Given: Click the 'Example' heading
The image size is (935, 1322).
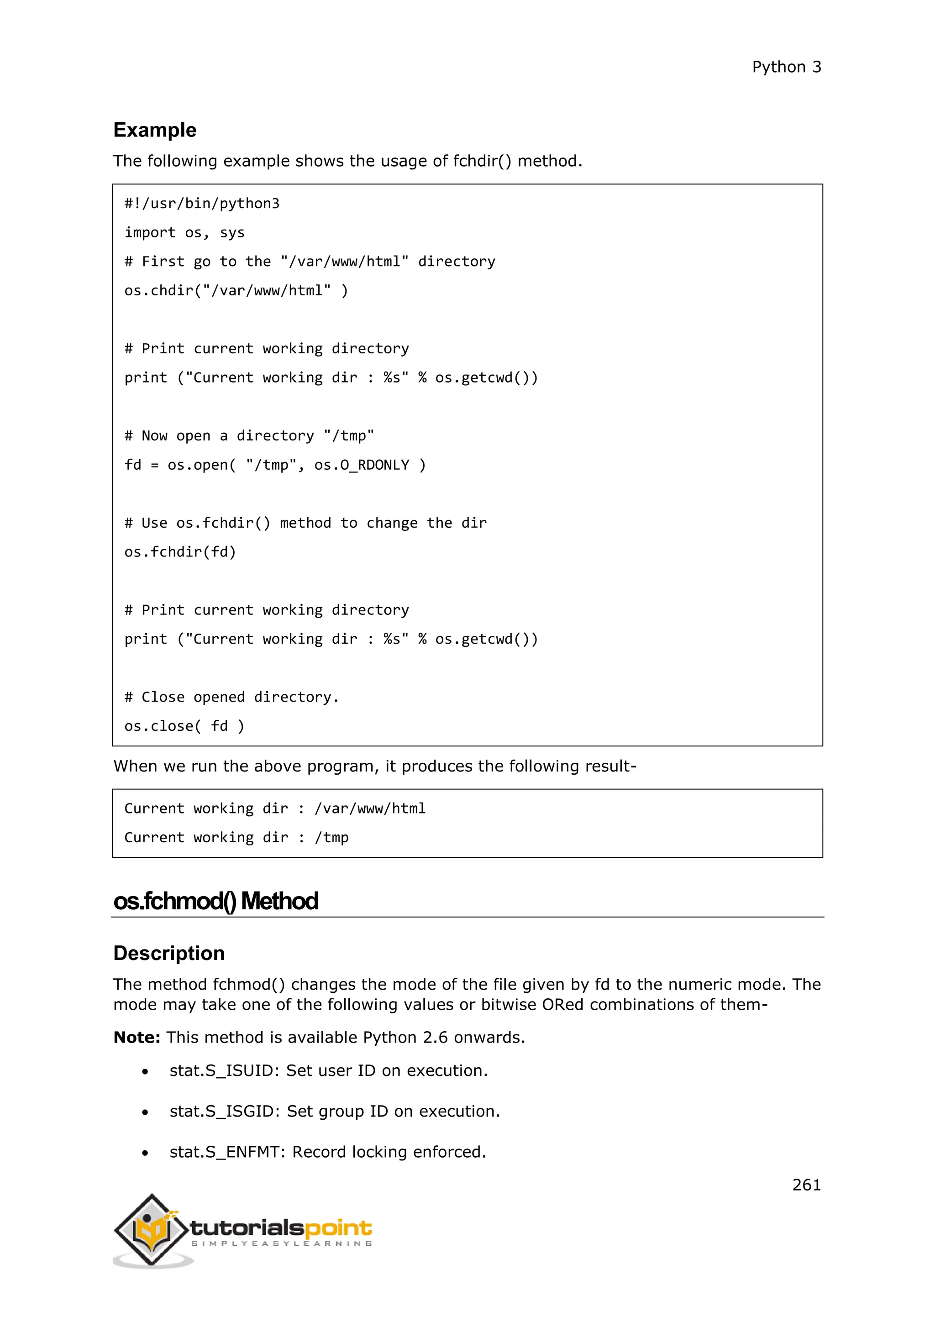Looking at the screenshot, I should click(x=154, y=130).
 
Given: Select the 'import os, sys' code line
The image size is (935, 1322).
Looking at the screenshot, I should click(x=184, y=233).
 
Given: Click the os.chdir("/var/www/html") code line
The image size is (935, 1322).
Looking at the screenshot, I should click(x=236, y=291).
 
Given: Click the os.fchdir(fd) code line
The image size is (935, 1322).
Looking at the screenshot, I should click(x=180, y=552).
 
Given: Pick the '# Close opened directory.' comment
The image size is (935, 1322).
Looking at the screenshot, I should click(x=231, y=697).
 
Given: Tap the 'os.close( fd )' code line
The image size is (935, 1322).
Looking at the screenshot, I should click(x=184, y=727).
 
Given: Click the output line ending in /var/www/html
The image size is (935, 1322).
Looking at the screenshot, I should click(x=275, y=809).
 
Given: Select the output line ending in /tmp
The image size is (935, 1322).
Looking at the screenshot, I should click(x=236, y=838).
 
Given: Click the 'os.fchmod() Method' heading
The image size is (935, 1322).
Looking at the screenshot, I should click(x=215, y=902).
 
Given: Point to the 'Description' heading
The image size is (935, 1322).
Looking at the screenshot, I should click(x=168, y=954).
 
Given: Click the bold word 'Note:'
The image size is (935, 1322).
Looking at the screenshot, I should click(x=137, y=1038).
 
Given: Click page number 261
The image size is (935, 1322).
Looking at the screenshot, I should click(x=806, y=1185).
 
